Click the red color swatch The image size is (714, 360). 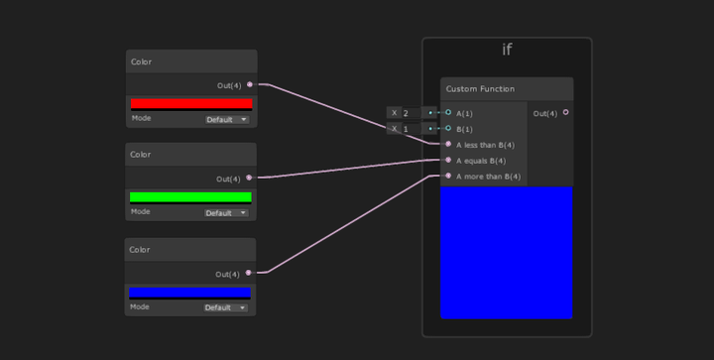click(190, 103)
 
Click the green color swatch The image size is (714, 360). click(190, 197)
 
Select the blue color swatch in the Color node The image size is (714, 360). click(189, 293)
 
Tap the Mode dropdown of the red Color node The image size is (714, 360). click(227, 120)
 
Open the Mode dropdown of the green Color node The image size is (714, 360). click(227, 213)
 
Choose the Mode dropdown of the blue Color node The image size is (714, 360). click(227, 307)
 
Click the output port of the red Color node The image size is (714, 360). click(249, 85)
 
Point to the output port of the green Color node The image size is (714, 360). click(249, 179)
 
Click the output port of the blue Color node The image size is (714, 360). click(249, 273)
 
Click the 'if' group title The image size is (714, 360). click(507, 51)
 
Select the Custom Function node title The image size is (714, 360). click(480, 89)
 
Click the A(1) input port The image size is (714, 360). click(448, 113)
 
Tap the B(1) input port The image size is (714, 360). click(448, 129)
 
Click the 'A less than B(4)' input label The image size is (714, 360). click(485, 145)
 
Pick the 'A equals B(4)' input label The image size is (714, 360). click(481, 161)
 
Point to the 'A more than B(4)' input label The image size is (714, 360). click(488, 177)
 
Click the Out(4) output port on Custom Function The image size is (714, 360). click(566, 113)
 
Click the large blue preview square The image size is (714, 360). click(506, 252)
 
